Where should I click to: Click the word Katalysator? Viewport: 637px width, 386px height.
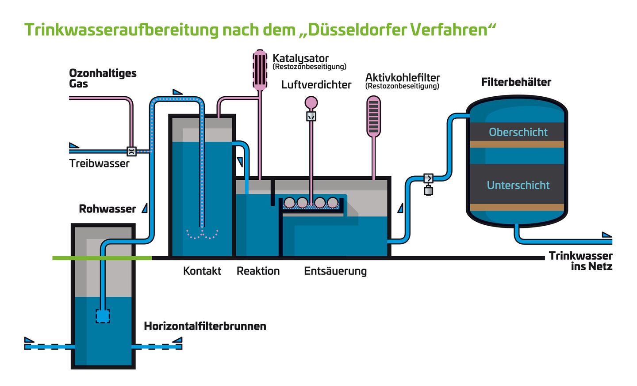click(300, 58)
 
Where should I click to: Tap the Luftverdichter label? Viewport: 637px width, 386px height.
click(316, 85)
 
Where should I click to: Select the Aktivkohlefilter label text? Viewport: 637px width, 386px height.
click(403, 78)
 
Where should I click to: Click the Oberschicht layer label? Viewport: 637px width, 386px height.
click(518, 132)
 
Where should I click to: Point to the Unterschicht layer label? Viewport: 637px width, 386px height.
click(518, 185)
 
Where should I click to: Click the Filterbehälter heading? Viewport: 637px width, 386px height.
click(516, 82)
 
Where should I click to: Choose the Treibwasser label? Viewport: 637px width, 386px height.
click(99, 163)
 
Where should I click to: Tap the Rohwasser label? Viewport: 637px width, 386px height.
click(107, 209)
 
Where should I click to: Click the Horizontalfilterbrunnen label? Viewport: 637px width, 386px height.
click(205, 326)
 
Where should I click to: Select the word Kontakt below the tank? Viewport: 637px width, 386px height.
click(202, 271)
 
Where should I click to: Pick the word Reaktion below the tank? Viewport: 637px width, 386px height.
click(258, 271)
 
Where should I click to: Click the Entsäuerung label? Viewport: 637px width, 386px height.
click(335, 271)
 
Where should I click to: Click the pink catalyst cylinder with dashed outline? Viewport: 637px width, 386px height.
click(260, 70)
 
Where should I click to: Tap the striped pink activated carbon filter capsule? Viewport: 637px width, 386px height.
click(374, 117)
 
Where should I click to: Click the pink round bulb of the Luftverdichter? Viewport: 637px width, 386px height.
click(311, 103)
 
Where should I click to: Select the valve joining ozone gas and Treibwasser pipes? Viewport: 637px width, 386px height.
click(131, 151)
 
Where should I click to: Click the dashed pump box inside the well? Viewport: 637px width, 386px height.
click(103, 316)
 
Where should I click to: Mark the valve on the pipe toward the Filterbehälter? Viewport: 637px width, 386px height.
click(428, 178)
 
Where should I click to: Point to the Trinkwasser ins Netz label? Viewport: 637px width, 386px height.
click(580, 261)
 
